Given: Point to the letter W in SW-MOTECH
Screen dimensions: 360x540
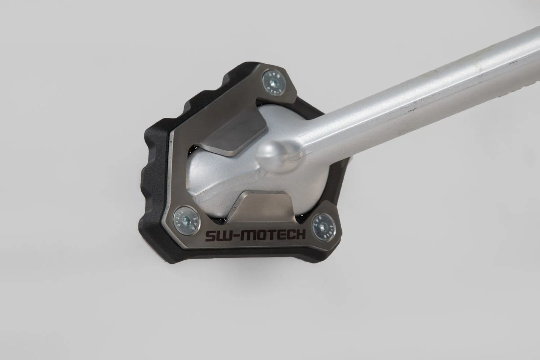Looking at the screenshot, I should click(x=224, y=235).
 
